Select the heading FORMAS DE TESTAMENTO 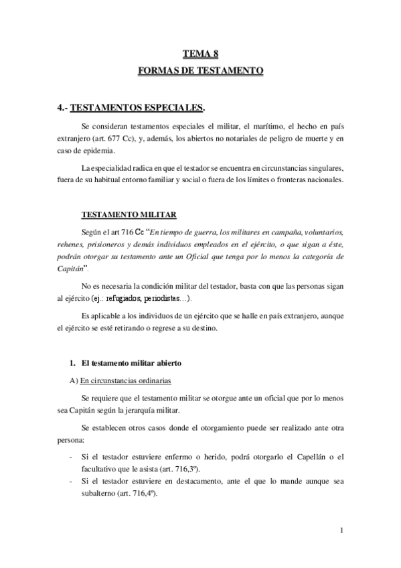pos(200,70)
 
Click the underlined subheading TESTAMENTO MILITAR pos(129,214)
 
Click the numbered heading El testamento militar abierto pos(129,362)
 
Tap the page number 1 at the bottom pos(341,532)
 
